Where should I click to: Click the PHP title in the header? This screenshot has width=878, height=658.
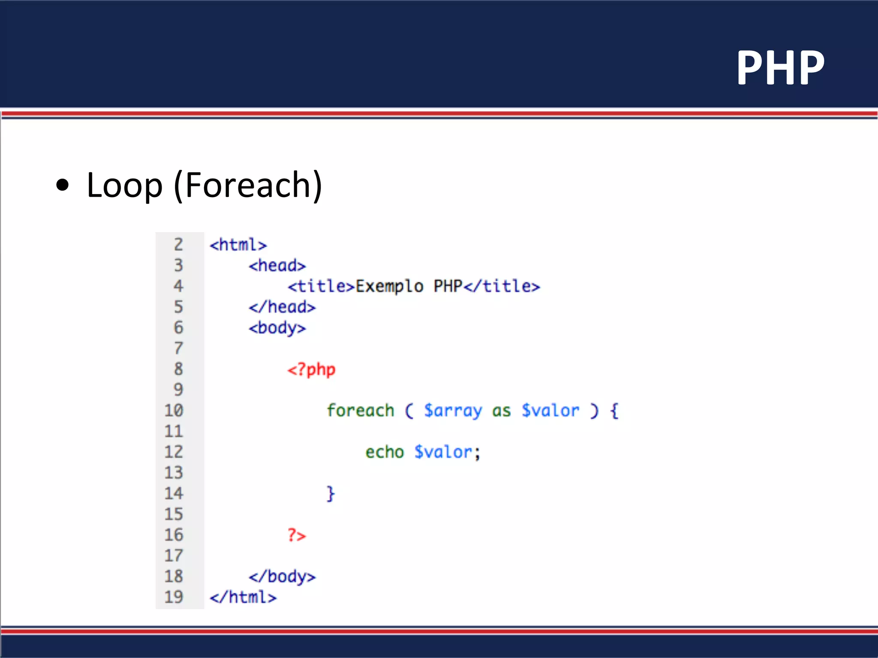(x=780, y=68)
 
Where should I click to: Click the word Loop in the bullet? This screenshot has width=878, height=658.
(x=124, y=185)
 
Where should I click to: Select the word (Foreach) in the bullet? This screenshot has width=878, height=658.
(x=248, y=185)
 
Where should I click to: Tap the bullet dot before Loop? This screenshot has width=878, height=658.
(x=63, y=185)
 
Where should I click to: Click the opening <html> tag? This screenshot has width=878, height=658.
(x=238, y=245)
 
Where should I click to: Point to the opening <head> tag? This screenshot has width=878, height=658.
(x=277, y=266)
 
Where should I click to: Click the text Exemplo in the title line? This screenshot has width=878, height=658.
(x=389, y=286)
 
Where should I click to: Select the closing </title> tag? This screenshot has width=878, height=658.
(x=502, y=286)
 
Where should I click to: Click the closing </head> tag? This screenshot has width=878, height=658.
(x=282, y=307)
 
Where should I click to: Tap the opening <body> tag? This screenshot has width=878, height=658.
(x=277, y=328)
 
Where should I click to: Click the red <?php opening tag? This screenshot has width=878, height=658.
(x=311, y=369)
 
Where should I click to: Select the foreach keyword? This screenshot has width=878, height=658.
(x=360, y=410)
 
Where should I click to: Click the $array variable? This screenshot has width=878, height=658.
(x=453, y=410)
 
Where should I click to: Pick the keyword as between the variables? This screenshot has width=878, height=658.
(x=501, y=411)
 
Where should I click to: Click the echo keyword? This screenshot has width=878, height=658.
(x=385, y=452)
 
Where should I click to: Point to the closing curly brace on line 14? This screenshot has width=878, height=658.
(x=330, y=493)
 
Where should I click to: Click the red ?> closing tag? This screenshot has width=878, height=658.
(x=296, y=535)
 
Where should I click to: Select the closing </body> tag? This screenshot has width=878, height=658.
(x=282, y=577)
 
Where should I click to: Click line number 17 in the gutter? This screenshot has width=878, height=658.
(x=174, y=556)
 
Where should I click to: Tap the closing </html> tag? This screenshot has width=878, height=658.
(x=243, y=597)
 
